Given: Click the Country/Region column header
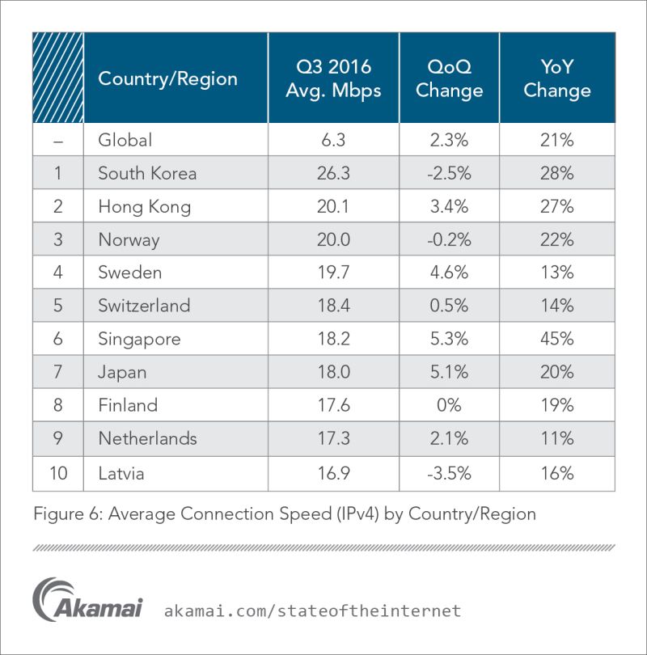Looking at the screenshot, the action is point(167,78).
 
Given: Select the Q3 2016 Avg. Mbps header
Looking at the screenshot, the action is point(333,78).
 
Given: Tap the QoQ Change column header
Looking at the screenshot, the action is point(449,78).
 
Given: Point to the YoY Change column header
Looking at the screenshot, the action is point(557,78).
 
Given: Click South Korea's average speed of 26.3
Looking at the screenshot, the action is point(333,173).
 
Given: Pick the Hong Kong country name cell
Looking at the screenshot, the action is point(145,207).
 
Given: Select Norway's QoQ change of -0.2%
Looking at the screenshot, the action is point(449,239).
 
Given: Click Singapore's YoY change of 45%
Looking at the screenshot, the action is point(557,338).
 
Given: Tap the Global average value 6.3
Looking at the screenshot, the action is point(333,140).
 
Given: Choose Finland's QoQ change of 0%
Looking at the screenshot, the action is point(449,405).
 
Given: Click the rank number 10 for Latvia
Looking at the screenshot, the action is point(58,473).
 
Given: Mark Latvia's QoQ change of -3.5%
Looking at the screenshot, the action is point(449,473).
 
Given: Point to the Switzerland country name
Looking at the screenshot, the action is point(144,306).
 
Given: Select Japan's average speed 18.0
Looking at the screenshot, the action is point(333,372).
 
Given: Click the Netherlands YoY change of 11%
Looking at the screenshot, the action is point(557,438).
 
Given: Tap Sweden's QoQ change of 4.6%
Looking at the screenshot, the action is point(449,273).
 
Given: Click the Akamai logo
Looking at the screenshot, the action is point(87,600).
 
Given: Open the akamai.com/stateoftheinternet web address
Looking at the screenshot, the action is point(312,611).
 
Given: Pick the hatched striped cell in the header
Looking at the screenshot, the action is point(58,78).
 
